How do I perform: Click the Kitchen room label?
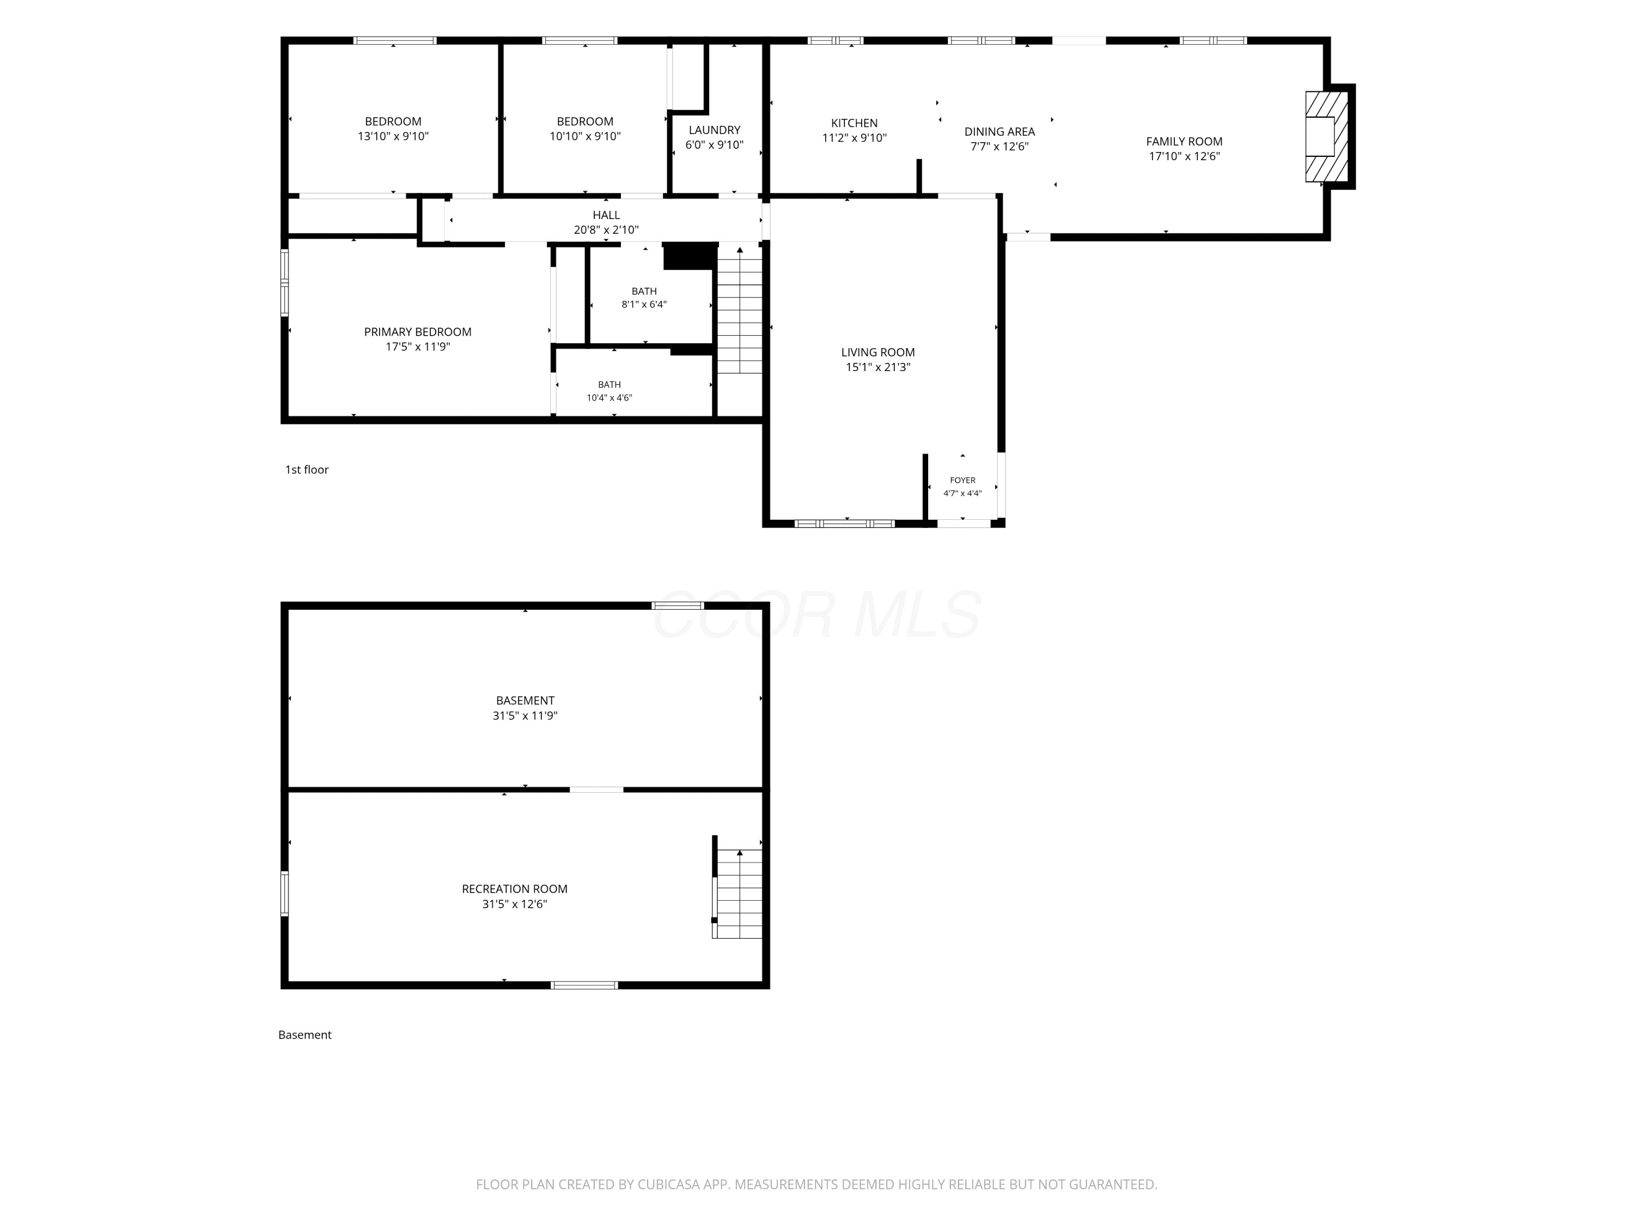coord(854,123)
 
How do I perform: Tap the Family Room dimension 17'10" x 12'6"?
coord(1184,156)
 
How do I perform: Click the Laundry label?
coord(714,130)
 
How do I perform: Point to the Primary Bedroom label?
coord(417,332)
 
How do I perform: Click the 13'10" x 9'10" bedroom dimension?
coord(393,136)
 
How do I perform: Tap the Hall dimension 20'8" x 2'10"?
coord(606,230)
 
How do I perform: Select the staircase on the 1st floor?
coord(740,309)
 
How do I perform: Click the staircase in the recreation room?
coord(737,894)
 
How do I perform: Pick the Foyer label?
coord(962,481)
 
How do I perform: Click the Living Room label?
coord(877,353)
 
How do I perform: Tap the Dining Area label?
coord(999,131)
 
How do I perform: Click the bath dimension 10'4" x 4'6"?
coord(609,398)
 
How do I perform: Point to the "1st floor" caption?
coord(307,469)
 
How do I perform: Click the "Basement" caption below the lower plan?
coord(304,1035)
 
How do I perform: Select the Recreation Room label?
coord(515,889)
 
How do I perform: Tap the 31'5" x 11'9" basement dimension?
coord(525,715)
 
